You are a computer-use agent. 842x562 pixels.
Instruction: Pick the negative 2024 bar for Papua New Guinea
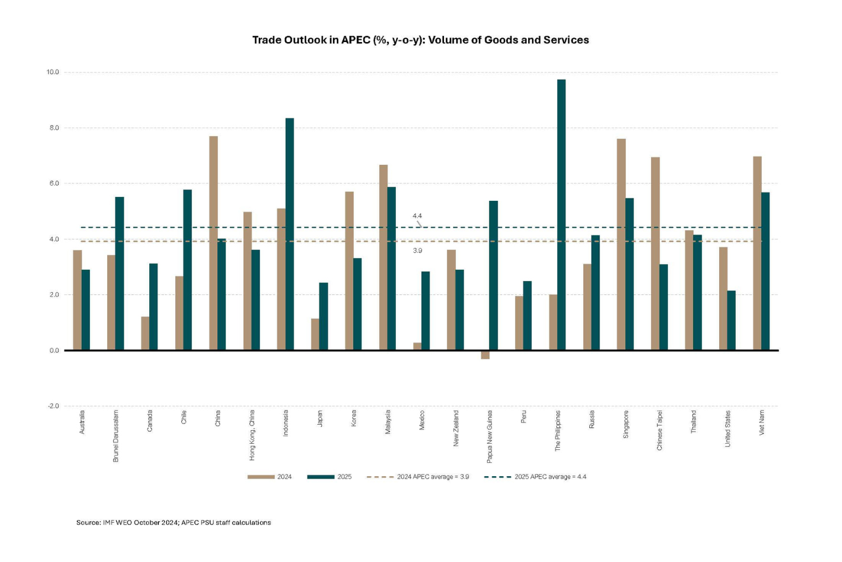[485, 354]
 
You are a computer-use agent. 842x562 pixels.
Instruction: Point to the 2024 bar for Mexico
[417, 347]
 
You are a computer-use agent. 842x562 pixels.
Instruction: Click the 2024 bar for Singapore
[621, 245]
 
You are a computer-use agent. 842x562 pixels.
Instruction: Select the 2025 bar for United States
[731, 320]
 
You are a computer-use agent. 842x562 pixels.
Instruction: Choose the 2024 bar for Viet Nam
[757, 253]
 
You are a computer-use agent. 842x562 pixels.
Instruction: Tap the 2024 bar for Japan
[315, 334]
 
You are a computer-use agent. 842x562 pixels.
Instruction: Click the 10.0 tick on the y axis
[53, 72]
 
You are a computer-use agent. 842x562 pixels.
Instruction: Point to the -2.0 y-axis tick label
[53, 406]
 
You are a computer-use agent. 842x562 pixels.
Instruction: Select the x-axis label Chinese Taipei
[660, 430]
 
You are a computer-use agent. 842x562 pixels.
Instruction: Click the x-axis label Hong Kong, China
[252, 435]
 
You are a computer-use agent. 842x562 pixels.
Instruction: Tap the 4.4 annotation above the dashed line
[417, 216]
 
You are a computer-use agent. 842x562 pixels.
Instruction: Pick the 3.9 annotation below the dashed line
[417, 251]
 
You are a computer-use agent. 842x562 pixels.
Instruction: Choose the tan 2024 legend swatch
[260, 477]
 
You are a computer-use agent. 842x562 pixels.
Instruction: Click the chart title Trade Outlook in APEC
[420, 40]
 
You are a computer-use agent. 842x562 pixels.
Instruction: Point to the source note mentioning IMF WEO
[173, 523]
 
